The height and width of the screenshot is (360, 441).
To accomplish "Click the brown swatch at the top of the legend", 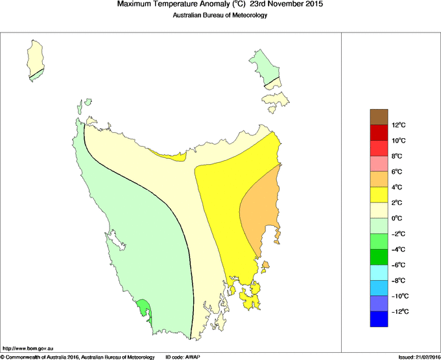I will click(x=379, y=117).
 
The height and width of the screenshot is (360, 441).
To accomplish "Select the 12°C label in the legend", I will click(x=398, y=125).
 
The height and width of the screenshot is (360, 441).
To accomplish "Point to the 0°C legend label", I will click(x=398, y=219).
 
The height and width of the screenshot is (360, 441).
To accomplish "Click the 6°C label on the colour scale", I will click(x=398, y=172).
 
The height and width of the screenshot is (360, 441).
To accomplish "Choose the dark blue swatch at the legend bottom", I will click(x=379, y=319).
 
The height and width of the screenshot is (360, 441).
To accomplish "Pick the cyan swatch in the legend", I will click(x=379, y=272).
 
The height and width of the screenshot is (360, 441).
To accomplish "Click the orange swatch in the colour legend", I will click(x=379, y=179).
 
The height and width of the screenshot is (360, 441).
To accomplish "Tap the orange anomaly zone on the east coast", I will click(x=259, y=208).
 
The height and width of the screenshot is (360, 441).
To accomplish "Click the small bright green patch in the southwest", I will click(x=145, y=309).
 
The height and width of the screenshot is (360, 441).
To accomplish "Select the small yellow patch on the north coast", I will click(x=172, y=155).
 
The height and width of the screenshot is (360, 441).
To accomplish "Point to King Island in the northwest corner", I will click(x=36, y=58).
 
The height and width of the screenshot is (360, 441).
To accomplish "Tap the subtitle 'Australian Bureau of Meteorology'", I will click(x=220, y=15).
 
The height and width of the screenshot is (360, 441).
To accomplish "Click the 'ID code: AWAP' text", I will click(x=185, y=356).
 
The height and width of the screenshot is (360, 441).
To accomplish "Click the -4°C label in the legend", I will click(x=398, y=250).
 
